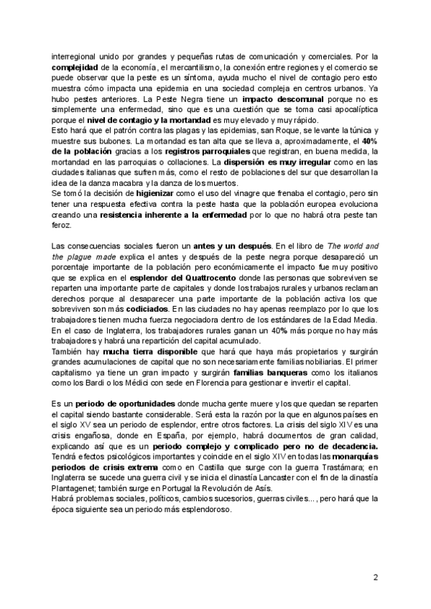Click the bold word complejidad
[x=75, y=67]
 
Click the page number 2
[x=376, y=577]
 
